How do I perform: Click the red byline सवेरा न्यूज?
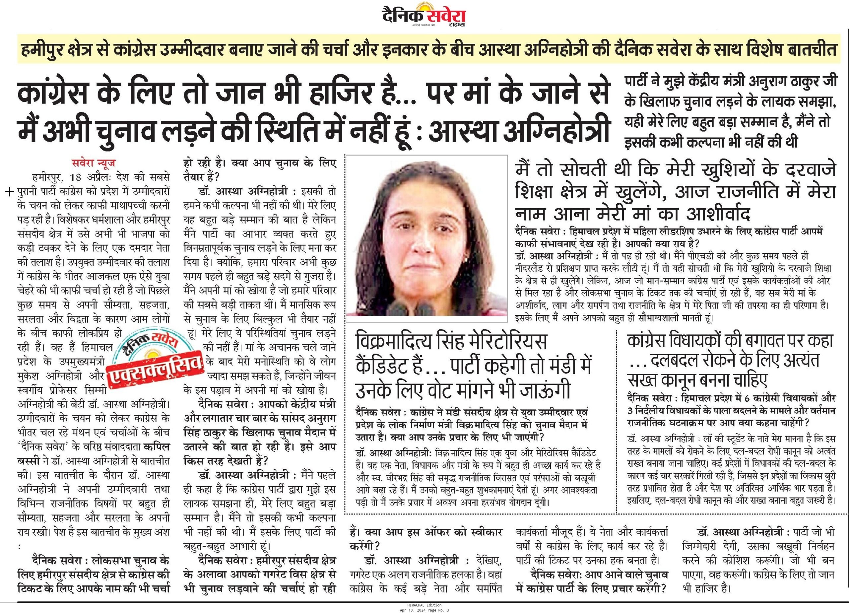[94, 163]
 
